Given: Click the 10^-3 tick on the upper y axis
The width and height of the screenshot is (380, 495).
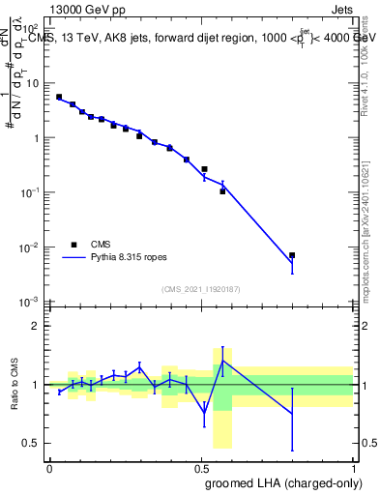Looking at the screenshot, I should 31,303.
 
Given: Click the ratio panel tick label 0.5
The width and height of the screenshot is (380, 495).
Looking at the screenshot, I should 33,443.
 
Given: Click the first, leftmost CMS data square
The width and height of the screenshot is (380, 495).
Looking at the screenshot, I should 59,97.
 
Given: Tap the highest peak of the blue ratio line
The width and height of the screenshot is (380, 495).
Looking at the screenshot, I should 223,361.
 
